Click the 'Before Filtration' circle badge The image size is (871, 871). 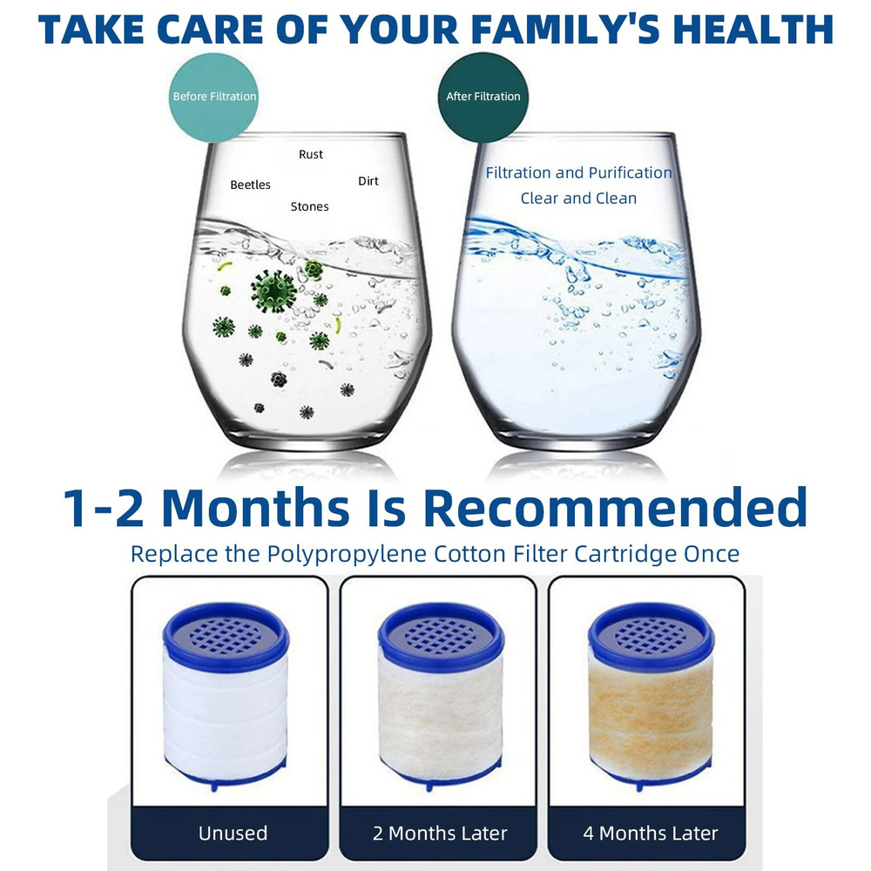click(x=214, y=97)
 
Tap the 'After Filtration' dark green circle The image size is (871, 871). click(x=483, y=97)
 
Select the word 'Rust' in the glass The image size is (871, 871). click(x=311, y=154)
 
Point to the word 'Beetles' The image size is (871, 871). click(x=250, y=185)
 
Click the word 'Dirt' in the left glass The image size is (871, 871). click(x=368, y=181)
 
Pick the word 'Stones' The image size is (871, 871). click(x=309, y=206)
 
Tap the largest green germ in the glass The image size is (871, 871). click(x=273, y=291)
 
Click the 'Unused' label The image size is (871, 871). click(x=233, y=834)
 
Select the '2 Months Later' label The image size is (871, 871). click(x=440, y=834)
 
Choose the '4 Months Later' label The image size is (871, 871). click(x=651, y=834)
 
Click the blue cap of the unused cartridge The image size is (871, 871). click(x=226, y=636)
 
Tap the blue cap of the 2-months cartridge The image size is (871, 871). click(x=441, y=636)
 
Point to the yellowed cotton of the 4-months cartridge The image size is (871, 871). click(x=651, y=719)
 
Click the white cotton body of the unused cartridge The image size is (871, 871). click(x=226, y=719)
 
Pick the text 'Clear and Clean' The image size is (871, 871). click(x=578, y=199)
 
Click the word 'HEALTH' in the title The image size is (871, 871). click(x=753, y=29)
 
